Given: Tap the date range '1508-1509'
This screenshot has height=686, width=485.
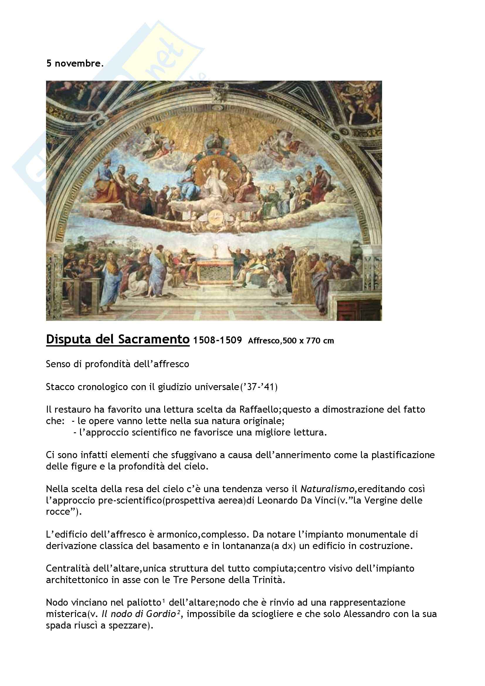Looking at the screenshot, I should point(217,340).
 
